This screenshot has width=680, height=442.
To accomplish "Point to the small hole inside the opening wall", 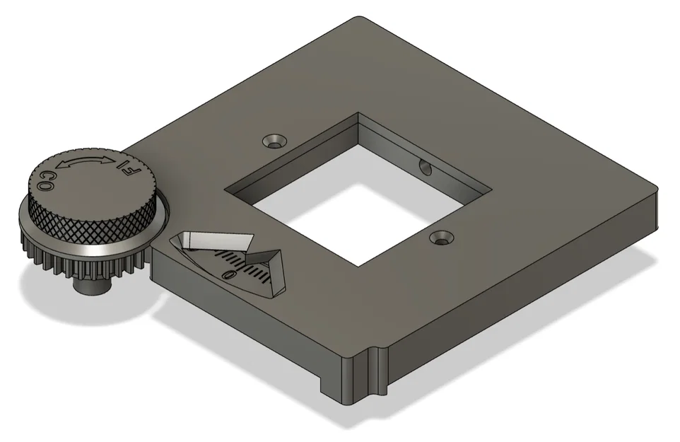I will click(425, 167).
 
